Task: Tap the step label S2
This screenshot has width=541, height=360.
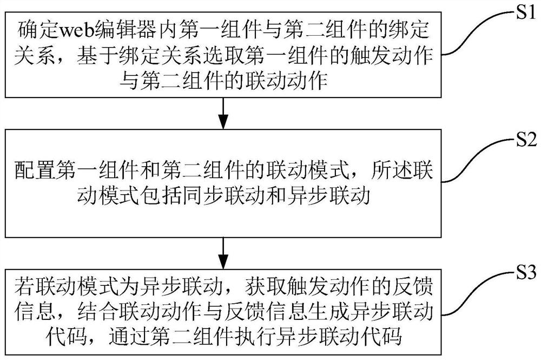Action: [x=524, y=142]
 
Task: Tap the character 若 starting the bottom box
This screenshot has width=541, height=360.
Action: [x=24, y=285]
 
